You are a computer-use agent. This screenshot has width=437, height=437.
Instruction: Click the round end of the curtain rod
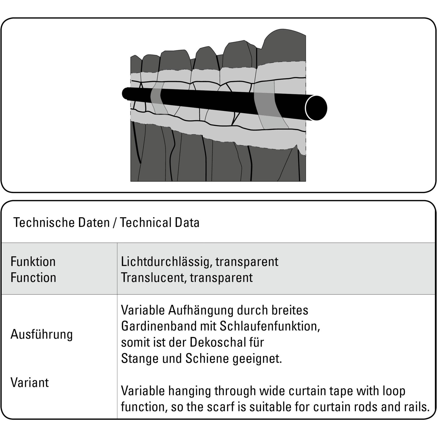click(x=316, y=108)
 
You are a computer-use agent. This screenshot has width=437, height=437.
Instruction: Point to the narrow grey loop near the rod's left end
click(x=159, y=101)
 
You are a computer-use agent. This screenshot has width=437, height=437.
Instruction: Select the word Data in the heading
click(x=187, y=223)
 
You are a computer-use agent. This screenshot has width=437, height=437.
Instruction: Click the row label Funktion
click(x=33, y=262)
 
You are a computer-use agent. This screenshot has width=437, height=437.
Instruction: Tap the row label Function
click(x=33, y=277)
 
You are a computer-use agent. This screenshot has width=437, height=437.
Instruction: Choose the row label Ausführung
click(x=41, y=334)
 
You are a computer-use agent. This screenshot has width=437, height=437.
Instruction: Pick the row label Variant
click(x=29, y=383)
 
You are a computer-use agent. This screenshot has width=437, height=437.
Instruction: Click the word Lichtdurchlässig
click(x=165, y=262)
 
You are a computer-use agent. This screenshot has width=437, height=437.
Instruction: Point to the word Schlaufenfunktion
click(x=269, y=326)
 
